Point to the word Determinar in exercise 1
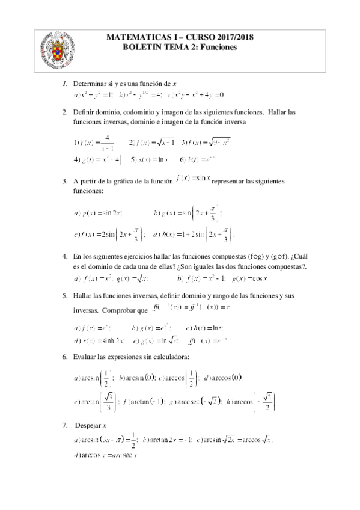(x=88, y=82)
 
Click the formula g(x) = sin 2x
(x=98, y=212)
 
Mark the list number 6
(x=64, y=357)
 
